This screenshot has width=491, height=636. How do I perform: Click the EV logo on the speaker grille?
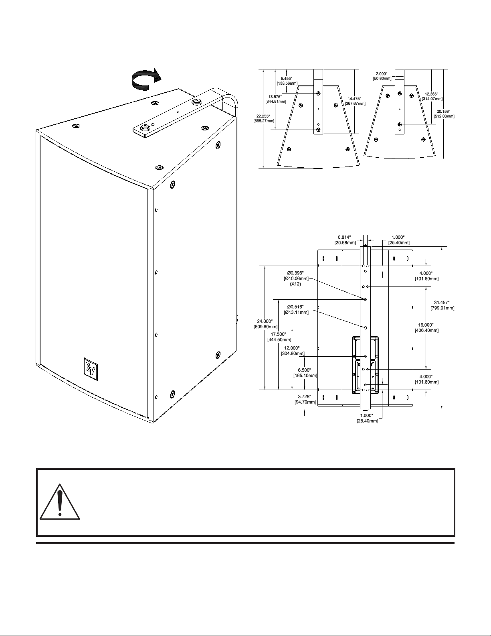[x=91, y=369]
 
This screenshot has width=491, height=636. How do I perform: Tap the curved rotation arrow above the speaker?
[x=145, y=78]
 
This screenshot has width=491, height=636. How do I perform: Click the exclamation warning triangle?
[x=60, y=502]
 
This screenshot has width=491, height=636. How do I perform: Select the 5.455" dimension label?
[x=287, y=81]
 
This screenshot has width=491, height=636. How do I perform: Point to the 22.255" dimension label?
[x=264, y=118]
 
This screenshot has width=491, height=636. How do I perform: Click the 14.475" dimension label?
[x=354, y=101]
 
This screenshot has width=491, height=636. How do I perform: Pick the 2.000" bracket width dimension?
[x=382, y=76]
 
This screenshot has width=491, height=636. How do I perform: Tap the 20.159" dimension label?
[x=444, y=114]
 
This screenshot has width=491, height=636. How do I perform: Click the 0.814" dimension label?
[x=345, y=240]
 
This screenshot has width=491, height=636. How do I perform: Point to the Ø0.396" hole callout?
[x=296, y=278]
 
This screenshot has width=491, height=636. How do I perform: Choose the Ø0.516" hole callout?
[x=296, y=309]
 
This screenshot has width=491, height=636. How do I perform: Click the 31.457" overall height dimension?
[x=442, y=305]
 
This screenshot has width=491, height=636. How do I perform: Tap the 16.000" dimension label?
[x=426, y=327]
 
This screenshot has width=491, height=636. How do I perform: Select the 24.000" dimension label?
[x=265, y=324]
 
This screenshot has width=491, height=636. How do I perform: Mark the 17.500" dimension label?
[x=279, y=337]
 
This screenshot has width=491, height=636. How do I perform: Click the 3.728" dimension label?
[x=305, y=399]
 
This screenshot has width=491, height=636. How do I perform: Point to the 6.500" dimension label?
[x=305, y=373]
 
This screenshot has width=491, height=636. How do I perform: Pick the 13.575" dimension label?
[x=276, y=99]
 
